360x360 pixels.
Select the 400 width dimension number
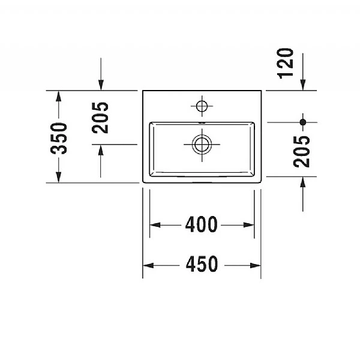click(x=201, y=225)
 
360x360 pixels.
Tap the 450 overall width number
click(x=202, y=265)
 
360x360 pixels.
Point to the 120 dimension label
click(x=286, y=62)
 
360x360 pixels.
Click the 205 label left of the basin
click(x=100, y=118)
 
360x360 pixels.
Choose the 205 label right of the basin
click(x=303, y=151)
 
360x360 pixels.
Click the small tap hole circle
click(x=202, y=106)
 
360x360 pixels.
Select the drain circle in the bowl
click(x=202, y=143)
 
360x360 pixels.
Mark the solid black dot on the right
click(x=303, y=122)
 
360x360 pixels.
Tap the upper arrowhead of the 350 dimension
click(x=58, y=96)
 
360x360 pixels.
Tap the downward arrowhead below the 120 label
click(x=303, y=85)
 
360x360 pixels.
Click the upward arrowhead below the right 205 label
click(x=303, y=182)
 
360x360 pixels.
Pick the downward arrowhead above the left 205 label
click(x=100, y=85)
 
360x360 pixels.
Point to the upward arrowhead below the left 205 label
click(x=100, y=149)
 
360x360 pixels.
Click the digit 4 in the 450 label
click(x=189, y=265)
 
